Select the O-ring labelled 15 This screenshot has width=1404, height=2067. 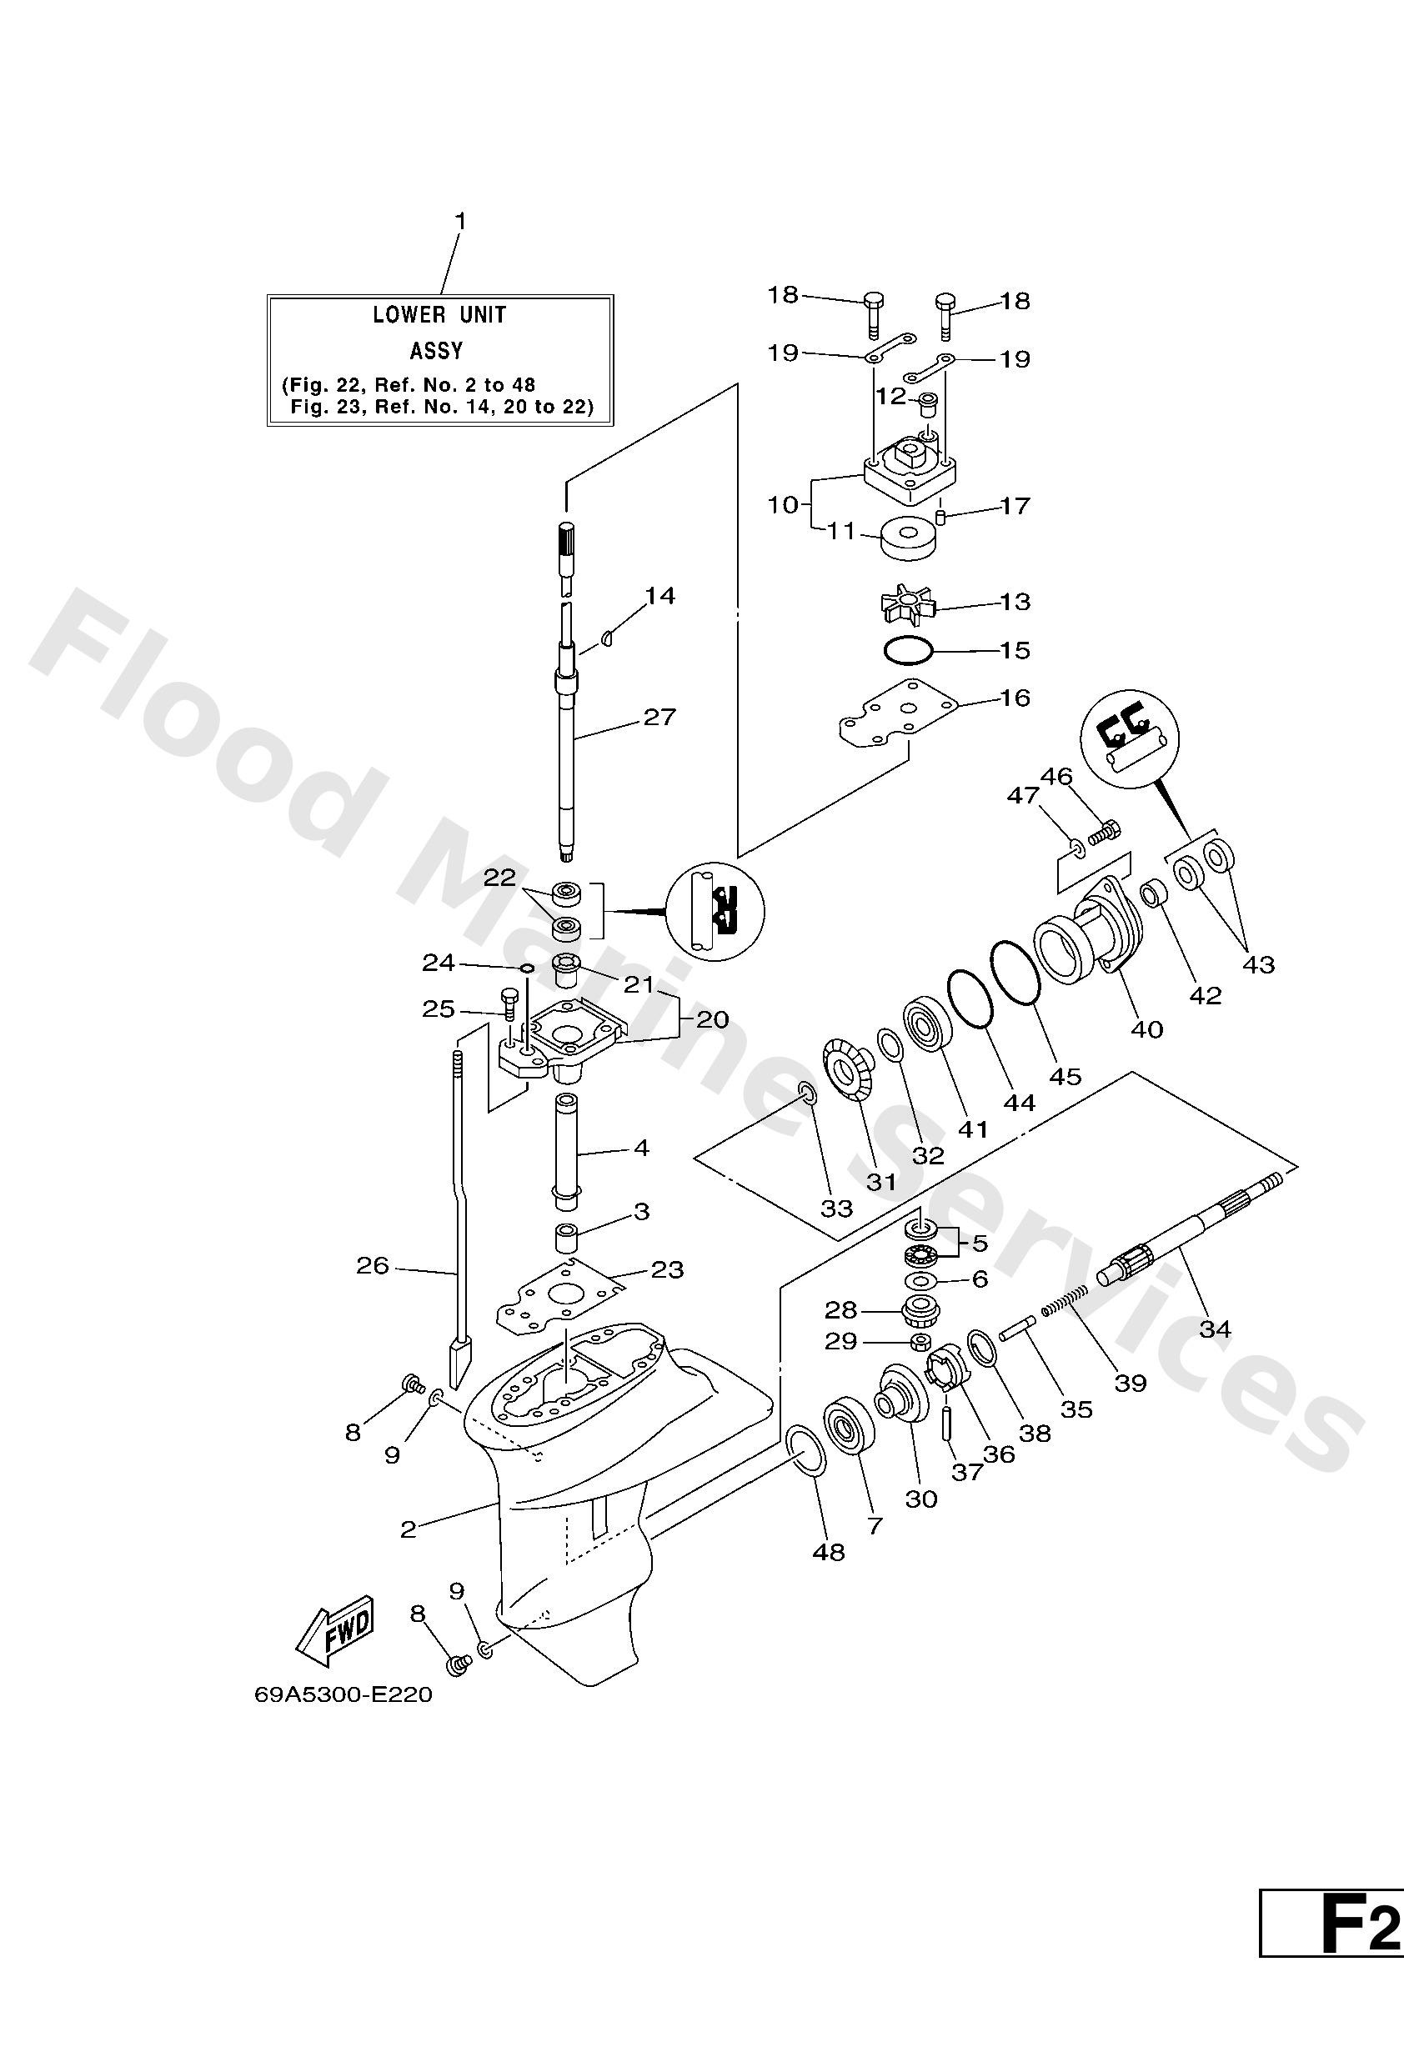coord(909,651)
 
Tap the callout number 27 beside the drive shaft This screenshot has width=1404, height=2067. coord(659,717)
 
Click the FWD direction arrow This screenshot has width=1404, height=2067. coord(337,1630)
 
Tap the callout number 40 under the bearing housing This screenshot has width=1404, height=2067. coord(1147,1029)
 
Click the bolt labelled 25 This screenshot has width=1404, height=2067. coord(509,1004)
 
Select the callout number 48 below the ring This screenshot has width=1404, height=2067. coord(829,1552)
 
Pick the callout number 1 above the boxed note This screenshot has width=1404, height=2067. coord(460,220)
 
